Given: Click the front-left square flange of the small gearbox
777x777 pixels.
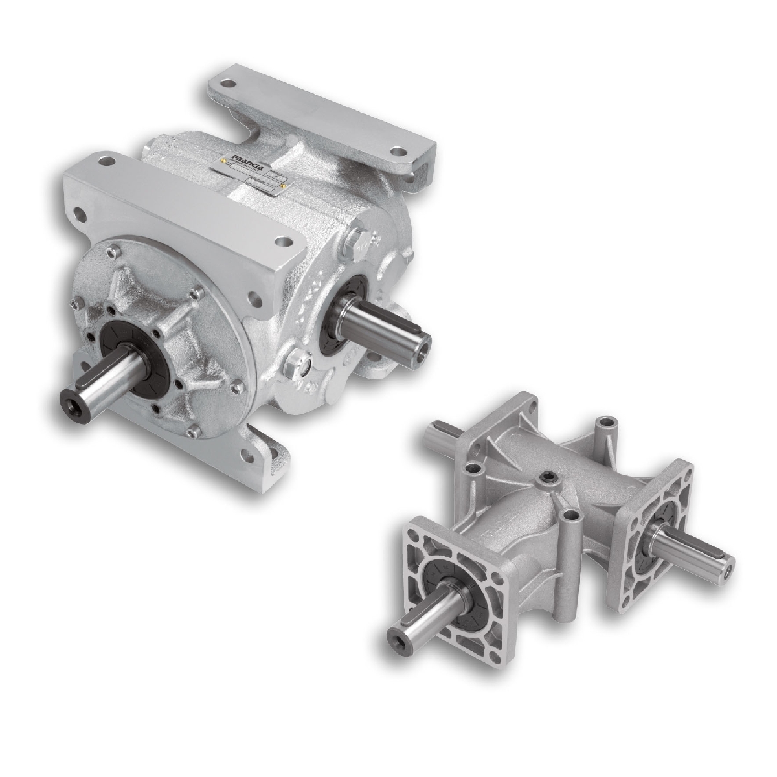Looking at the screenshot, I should click(x=453, y=570).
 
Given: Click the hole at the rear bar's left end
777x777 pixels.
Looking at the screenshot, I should click(x=227, y=84).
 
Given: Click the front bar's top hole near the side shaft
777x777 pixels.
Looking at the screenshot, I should click(x=284, y=242).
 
